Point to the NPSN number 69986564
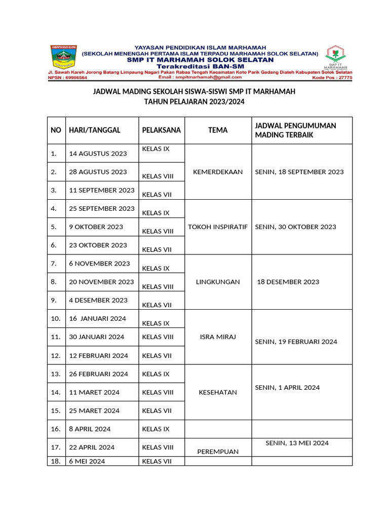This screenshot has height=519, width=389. coord(67,78)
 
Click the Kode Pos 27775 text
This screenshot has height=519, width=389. coord(332,78)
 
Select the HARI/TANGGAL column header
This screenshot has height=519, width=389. coord(95,130)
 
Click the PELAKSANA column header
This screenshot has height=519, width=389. coord(161,130)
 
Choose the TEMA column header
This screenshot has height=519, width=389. coord(218,130)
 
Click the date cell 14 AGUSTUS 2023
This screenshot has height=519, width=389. coord(98,154)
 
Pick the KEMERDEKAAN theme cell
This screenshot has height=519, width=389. coord(218,172)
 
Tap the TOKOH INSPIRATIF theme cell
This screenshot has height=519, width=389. coord(218,227)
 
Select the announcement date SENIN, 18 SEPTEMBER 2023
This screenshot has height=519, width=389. coord(299,172)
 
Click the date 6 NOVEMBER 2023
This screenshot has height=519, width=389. coord(99,264)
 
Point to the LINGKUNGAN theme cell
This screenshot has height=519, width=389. coord(218,282)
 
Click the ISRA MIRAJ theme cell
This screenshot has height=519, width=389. coord(218,337)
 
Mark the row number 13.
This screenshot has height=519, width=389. coord(56,374)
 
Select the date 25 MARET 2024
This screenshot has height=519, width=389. coord(94,411)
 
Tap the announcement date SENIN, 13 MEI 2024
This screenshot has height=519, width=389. coord(297,443)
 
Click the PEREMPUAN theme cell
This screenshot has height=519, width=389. coord(218,452)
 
